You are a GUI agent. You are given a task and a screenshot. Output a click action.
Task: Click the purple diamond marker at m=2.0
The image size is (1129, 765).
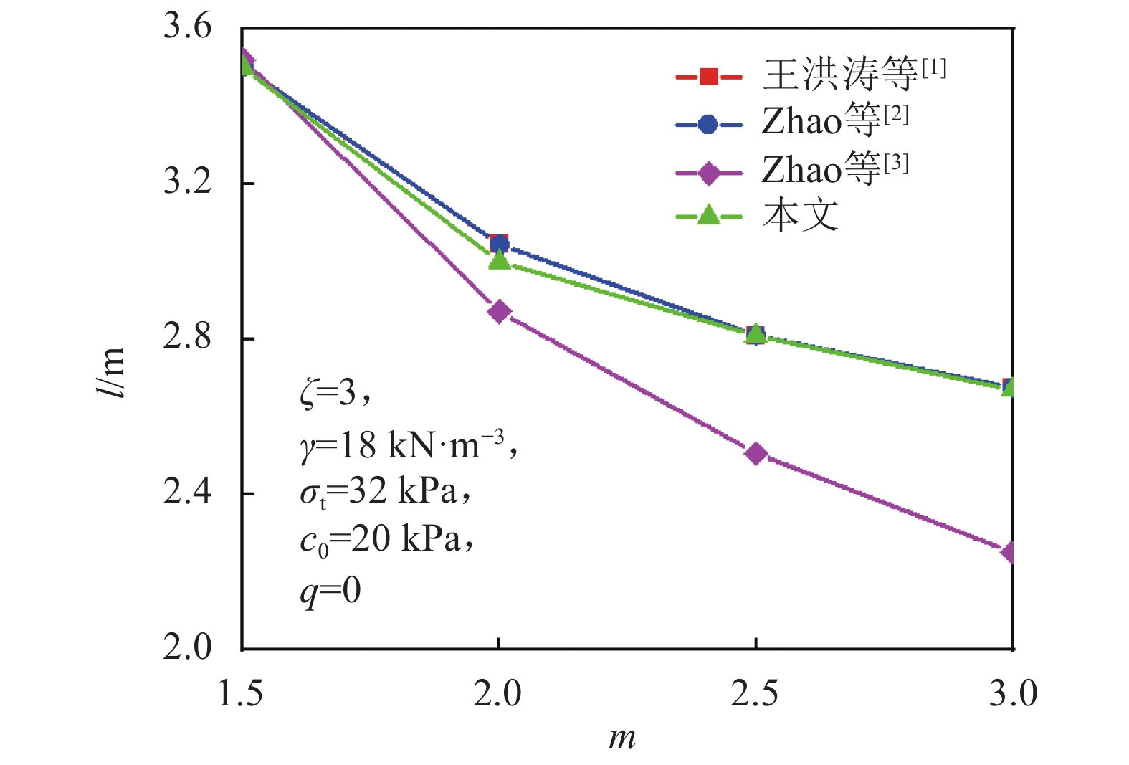tap(499, 312)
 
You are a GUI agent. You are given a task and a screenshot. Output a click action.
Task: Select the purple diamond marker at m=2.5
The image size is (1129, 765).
tap(756, 453)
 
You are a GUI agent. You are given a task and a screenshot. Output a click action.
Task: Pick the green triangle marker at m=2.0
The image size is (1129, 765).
tap(499, 260)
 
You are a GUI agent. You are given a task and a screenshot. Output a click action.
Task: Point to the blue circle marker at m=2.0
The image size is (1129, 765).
tap(500, 244)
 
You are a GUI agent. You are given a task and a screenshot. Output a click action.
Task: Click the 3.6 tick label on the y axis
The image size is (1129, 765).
tap(187, 27)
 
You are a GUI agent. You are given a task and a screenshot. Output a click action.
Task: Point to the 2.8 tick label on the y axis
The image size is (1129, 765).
tap(187, 337)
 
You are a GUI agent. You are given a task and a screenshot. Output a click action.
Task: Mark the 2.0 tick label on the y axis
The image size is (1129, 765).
tap(187, 647)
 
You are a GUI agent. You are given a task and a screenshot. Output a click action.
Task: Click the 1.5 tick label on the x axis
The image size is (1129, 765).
tap(240, 694)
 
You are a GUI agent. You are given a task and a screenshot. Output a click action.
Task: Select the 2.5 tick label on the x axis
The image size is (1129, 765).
tap(755, 694)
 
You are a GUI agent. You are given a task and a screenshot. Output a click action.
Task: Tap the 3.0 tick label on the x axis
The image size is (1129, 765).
tap(1012, 694)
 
